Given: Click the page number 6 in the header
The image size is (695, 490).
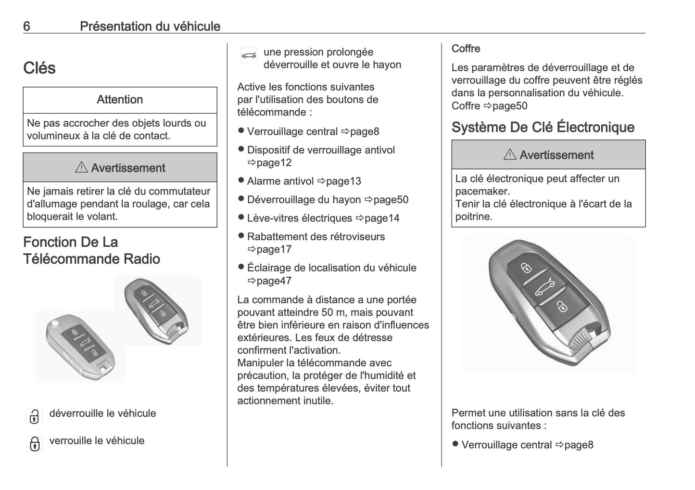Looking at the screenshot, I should click(x=26, y=26).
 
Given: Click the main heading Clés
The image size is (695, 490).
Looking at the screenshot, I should click(x=39, y=68).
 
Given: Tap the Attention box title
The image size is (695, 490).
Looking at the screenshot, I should click(x=120, y=100).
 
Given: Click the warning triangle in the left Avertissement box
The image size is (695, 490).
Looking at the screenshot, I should click(x=81, y=168).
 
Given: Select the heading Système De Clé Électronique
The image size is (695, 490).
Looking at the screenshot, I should click(x=543, y=127).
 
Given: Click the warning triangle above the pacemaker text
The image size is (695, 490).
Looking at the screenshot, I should click(x=510, y=155).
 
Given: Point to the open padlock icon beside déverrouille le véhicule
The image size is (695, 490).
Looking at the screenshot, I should click(x=34, y=416).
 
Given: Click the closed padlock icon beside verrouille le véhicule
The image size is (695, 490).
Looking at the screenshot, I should click(x=34, y=443).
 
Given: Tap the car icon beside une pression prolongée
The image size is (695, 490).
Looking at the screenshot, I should click(x=249, y=55).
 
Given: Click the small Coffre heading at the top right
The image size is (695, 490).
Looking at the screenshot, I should click(x=466, y=49).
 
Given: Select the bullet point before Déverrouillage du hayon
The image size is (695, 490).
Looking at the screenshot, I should click(x=241, y=199).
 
